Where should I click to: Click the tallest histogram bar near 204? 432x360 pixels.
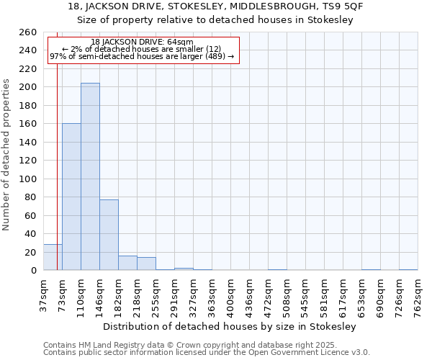coord(90,176)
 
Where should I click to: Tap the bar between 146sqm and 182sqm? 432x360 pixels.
coord(109,235)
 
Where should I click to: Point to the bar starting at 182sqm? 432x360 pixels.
coord(127,263)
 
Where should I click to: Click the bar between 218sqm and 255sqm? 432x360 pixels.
coord(146,264)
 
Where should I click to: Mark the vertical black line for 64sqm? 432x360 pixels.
coord(57,166)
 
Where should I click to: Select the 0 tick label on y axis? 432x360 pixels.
coord(33,271)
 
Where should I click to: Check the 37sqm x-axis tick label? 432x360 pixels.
coord(43,293)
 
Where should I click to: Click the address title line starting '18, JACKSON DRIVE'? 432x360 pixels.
coord(216,6)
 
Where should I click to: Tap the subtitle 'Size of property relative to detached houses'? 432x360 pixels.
coord(216,20)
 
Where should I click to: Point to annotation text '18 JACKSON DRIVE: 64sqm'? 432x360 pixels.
coord(143,42)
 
